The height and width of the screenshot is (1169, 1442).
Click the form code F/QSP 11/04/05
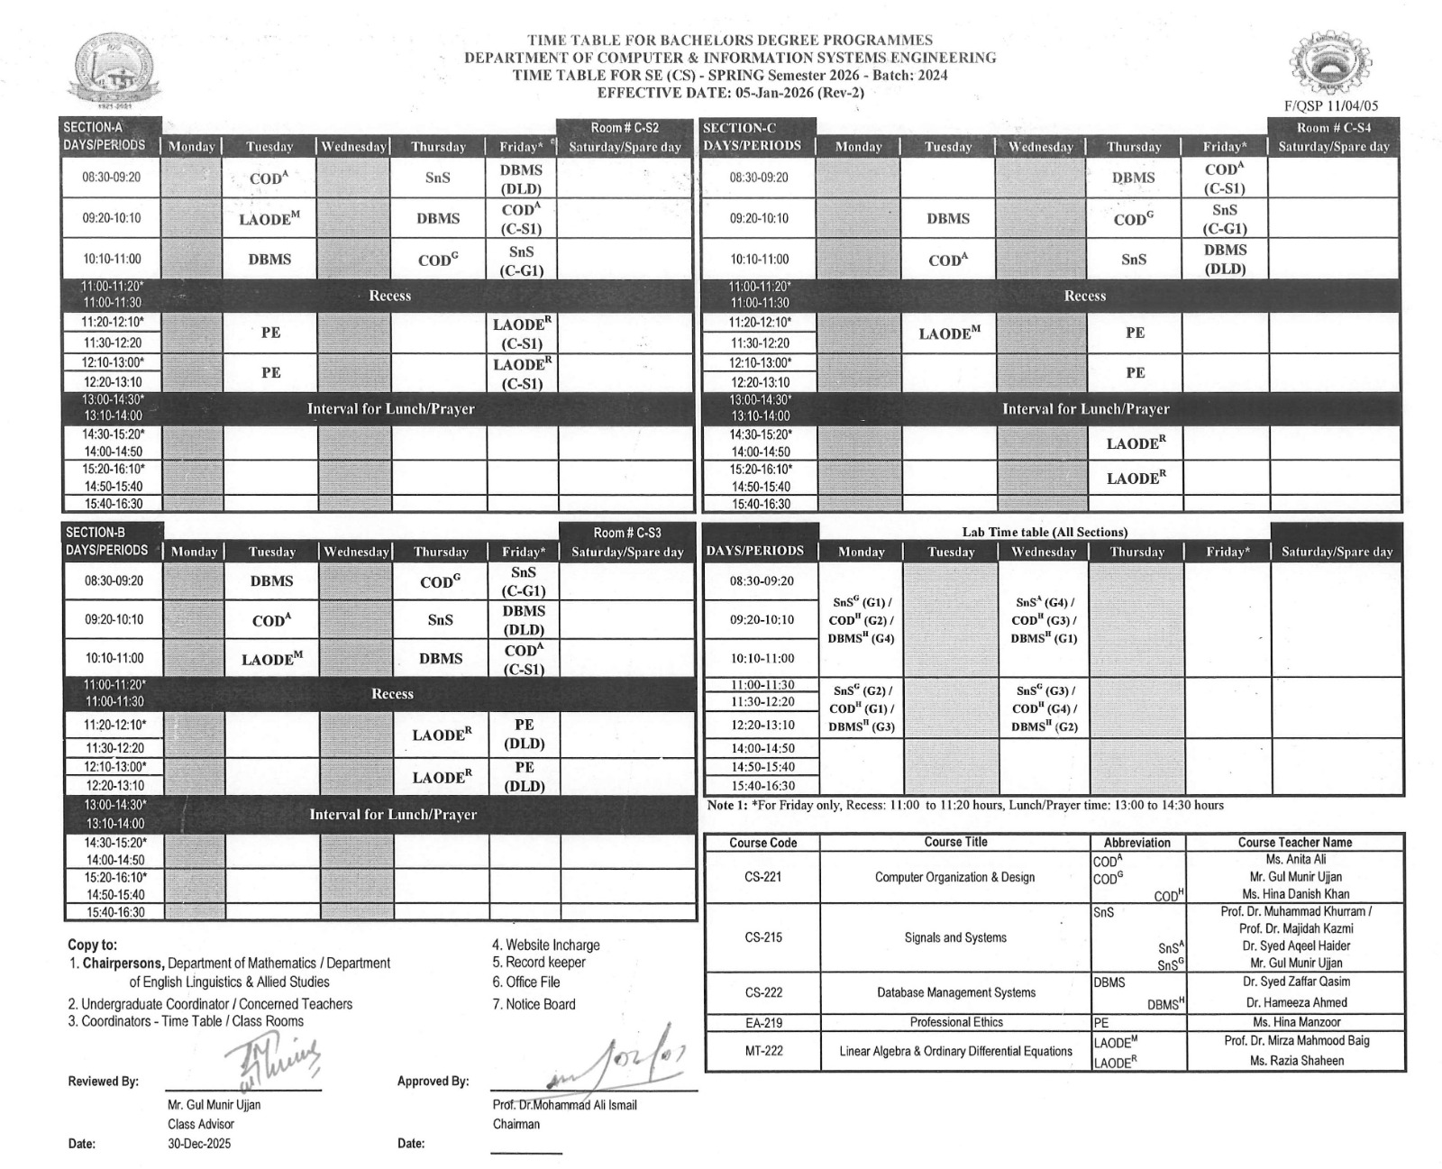(x=1330, y=105)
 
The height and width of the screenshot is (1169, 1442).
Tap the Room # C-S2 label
(x=625, y=128)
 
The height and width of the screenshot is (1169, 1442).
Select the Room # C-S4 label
(x=1333, y=128)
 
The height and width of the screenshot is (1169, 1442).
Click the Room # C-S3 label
(x=626, y=533)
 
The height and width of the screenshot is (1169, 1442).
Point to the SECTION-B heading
(x=95, y=532)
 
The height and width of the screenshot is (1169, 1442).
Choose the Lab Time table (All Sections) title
(x=1044, y=532)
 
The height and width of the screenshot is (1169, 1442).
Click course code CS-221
(x=762, y=877)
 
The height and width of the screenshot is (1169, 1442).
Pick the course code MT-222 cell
(x=762, y=1051)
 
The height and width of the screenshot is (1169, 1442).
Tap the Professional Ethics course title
(x=955, y=1022)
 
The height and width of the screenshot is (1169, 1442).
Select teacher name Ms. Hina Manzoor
(x=1296, y=1022)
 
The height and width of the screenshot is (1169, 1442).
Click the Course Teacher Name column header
(x=1294, y=842)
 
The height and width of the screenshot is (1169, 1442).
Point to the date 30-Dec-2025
(x=198, y=1144)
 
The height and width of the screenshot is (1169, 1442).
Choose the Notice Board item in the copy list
(x=534, y=1004)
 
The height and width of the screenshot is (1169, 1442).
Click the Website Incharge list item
(x=545, y=945)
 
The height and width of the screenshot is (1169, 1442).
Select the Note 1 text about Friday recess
(x=964, y=805)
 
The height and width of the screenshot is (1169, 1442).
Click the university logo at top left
(x=112, y=70)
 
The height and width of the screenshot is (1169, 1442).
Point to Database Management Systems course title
(x=955, y=992)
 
